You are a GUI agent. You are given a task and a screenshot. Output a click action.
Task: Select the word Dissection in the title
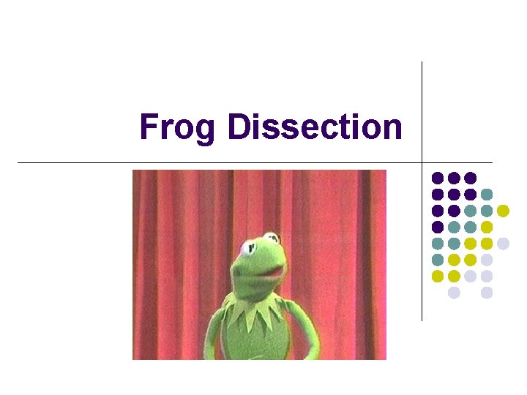click(315, 127)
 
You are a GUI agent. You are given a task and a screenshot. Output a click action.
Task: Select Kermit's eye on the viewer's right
click(272, 238)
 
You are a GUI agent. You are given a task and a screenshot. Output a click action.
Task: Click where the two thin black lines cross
click(422, 162)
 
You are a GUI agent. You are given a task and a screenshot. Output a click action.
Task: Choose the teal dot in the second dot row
click(487, 194)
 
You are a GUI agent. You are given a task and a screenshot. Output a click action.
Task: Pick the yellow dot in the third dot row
click(503, 211)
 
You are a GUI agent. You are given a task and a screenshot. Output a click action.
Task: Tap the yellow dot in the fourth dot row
click(487, 227)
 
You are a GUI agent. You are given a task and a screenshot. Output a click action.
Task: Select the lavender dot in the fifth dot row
click(503, 244)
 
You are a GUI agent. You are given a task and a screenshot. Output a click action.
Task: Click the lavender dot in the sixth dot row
click(487, 260)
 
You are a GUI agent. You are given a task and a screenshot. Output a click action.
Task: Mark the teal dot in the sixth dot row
click(438, 260)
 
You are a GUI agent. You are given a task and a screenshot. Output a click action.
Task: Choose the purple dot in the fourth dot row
click(438, 227)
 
